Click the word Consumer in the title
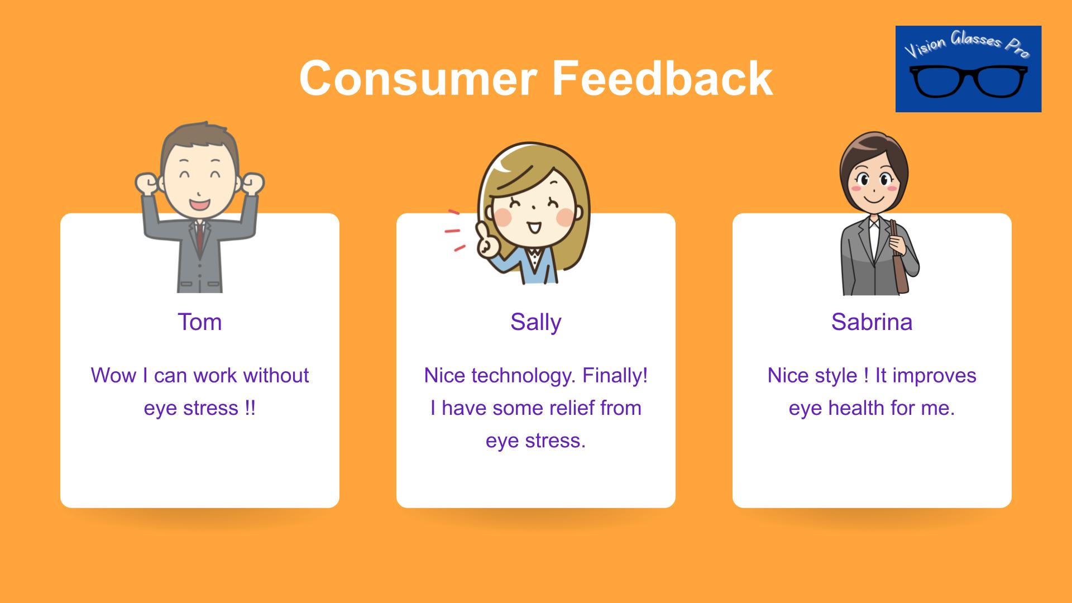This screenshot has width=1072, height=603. click(x=418, y=78)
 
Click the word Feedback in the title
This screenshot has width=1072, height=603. click(x=662, y=78)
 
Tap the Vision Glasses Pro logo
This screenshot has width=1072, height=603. click(x=968, y=69)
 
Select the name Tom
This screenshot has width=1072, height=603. click(x=200, y=322)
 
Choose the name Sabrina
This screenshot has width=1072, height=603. click(x=872, y=322)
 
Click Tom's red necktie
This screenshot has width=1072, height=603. click(x=199, y=235)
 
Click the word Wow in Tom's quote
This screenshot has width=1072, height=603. click(x=113, y=376)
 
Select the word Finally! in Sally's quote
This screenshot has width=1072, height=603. click(x=615, y=376)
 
